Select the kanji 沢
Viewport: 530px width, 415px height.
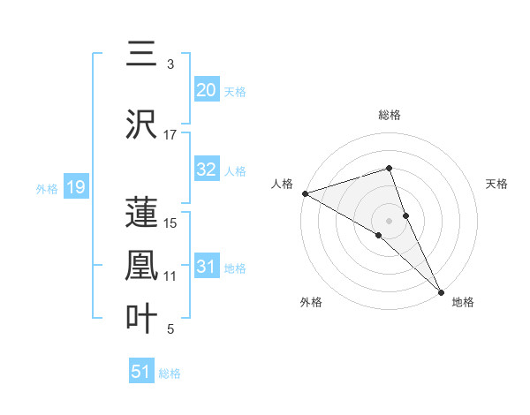pos(141,125)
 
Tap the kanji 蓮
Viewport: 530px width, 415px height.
pos(141,213)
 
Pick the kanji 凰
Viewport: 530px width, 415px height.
pos(141,266)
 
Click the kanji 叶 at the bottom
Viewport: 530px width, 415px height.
pos(141,320)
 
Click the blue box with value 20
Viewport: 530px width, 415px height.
pos(207,90)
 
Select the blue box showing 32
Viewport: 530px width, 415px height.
pos(207,170)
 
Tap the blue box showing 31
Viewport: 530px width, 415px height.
pos(207,268)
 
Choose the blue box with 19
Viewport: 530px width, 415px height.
pos(75,187)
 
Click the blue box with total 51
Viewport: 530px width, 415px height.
pos(141,372)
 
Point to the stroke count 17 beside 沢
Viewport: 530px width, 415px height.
pos(170,135)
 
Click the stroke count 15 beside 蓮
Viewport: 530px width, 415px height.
pos(170,223)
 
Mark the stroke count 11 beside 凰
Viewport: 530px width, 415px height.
pos(170,276)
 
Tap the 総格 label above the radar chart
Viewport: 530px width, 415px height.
pos(390,115)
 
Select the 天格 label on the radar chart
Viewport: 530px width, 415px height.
pos(497,184)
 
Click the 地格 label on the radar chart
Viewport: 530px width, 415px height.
pos(463,302)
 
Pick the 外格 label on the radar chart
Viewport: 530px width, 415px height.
pos(311,302)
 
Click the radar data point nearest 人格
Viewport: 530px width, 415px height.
pos(305,192)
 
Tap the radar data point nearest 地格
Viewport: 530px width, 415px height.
pos(441,289)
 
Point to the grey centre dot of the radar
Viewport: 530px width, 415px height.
pos(390,220)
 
